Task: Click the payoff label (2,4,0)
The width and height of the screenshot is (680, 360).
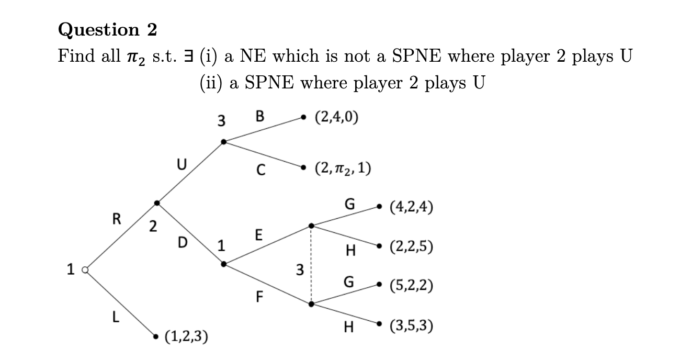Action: (336, 117)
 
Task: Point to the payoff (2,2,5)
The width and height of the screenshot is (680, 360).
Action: (411, 246)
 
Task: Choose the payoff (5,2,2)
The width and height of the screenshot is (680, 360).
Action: (411, 286)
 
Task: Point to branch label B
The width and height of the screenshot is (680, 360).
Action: (260, 116)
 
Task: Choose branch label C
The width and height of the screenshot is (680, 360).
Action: (260, 170)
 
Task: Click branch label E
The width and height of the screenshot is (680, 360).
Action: (258, 235)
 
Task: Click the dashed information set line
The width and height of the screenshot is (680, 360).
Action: (311, 265)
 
